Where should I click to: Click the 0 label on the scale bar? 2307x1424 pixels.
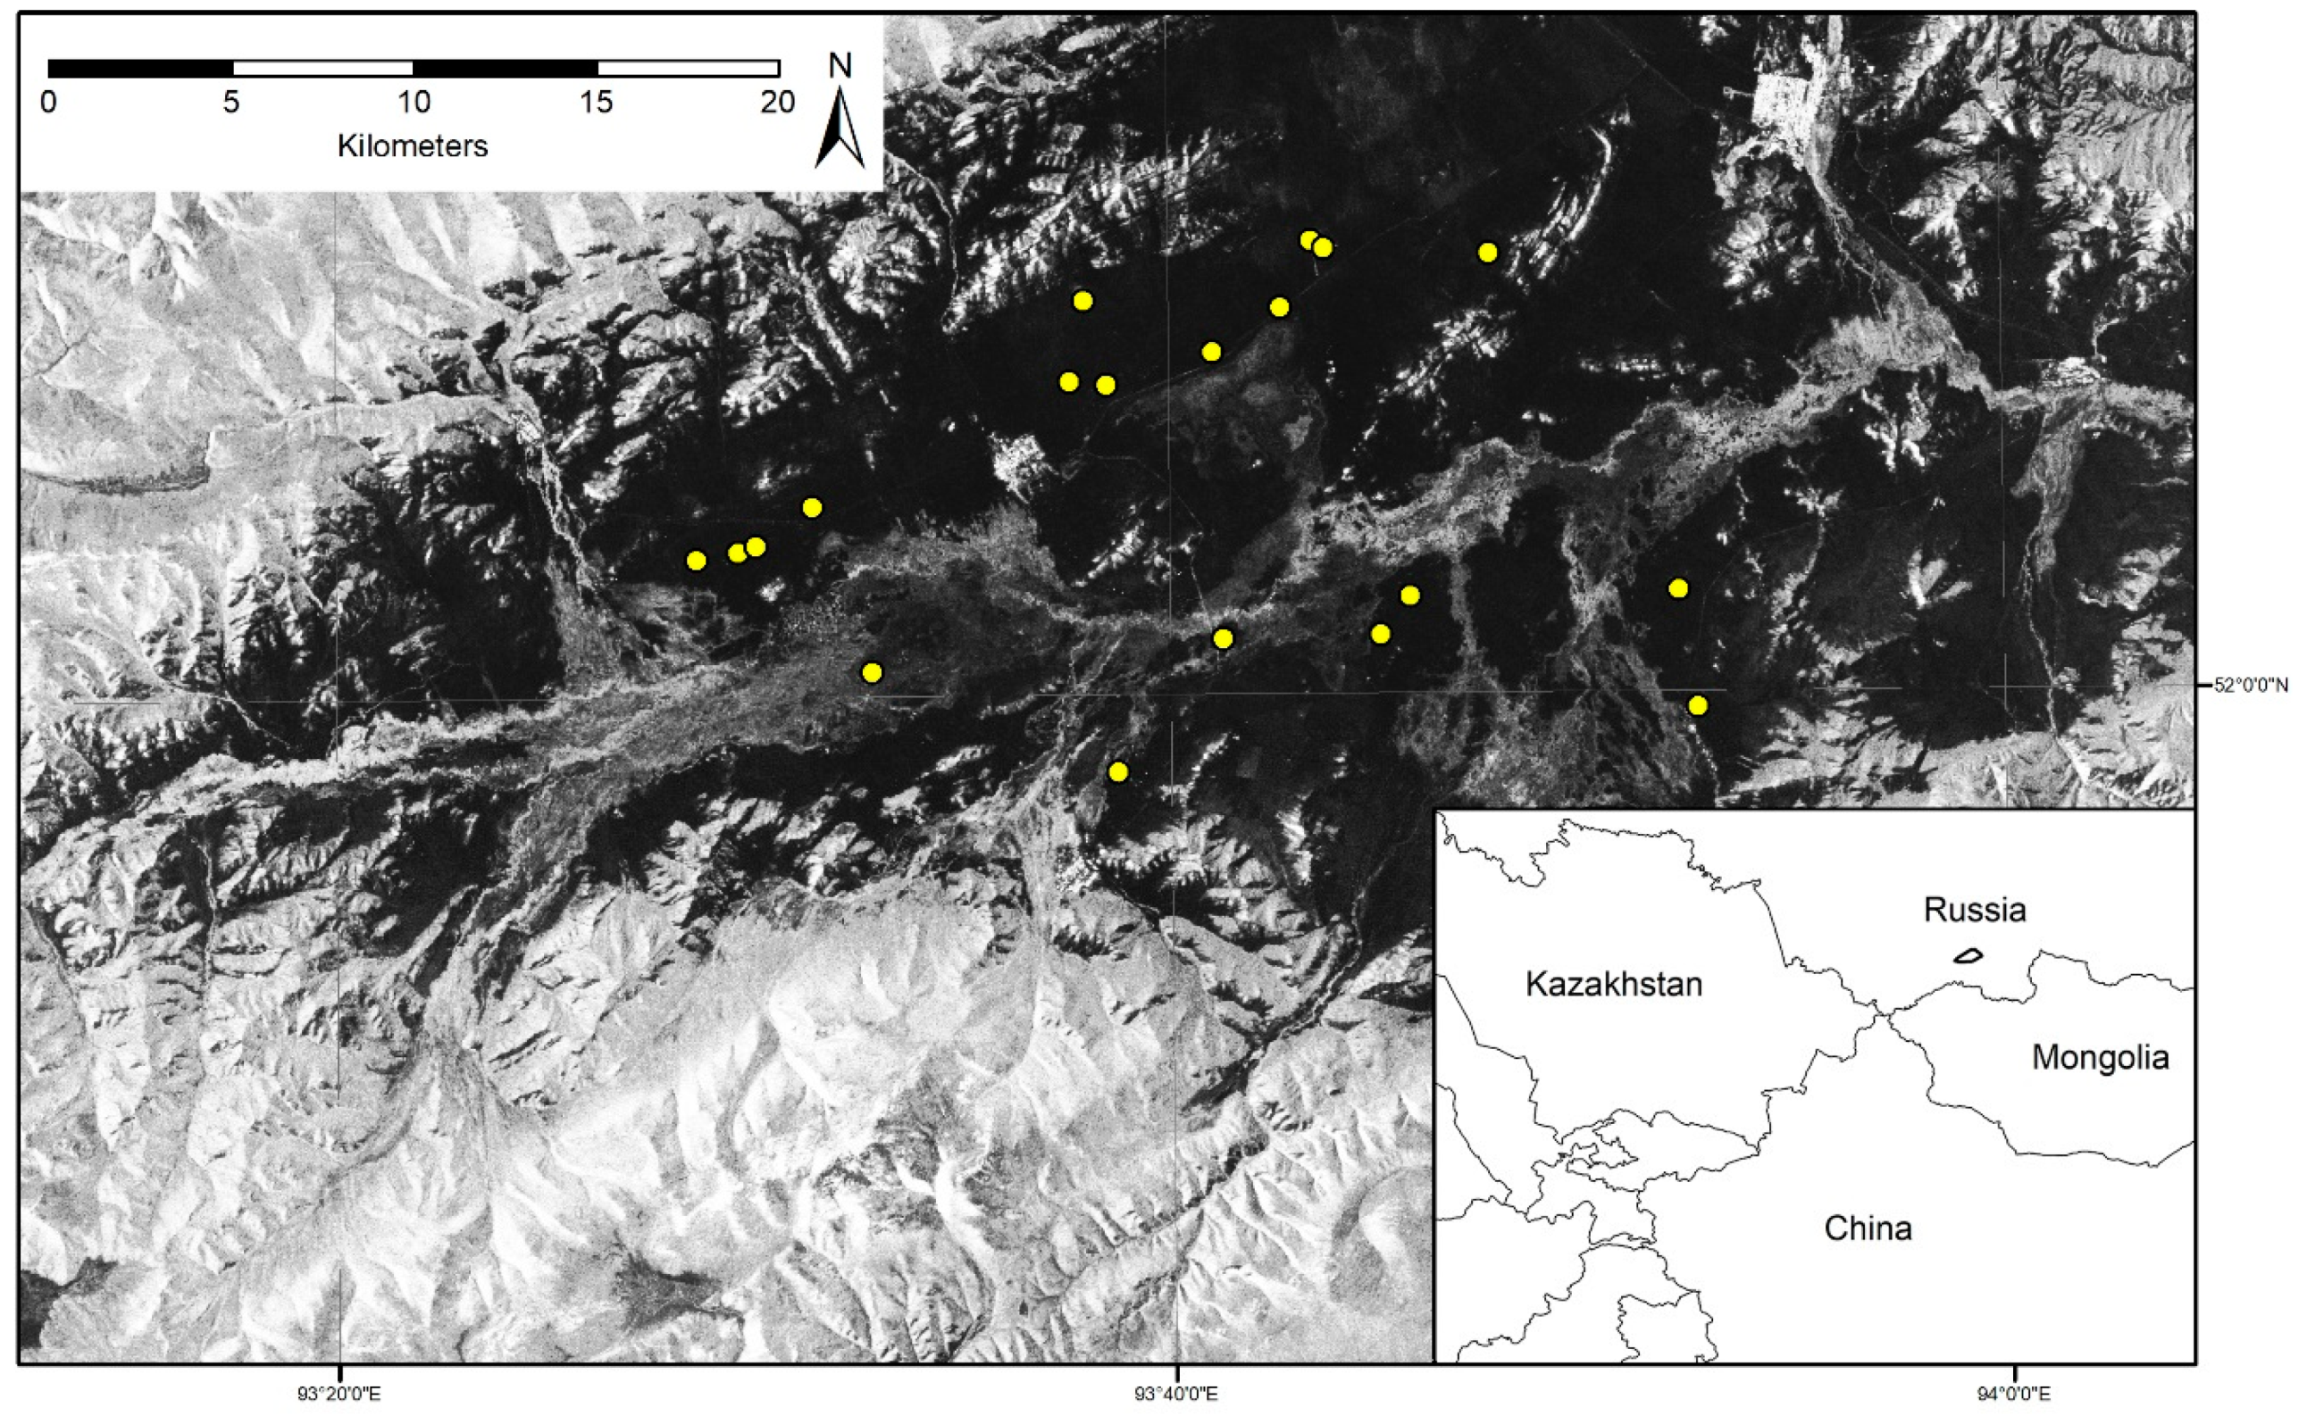[x=49, y=102]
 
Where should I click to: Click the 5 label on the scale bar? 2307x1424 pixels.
[x=231, y=102]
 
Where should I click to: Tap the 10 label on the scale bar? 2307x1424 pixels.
[x=414, y=102]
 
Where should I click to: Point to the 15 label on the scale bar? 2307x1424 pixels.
[x=597, y=102]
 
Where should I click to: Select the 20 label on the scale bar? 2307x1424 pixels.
[x=778, y=102]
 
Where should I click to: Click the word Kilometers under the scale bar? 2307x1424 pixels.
[x=413, y=146]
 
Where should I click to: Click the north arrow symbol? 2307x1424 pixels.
[x=840, y=132]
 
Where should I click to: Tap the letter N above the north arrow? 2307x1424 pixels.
[x=840, y=66]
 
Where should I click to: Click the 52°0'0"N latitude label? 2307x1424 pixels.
[x=2251, y=686]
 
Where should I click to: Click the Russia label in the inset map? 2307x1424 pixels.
[x=1975, y=910]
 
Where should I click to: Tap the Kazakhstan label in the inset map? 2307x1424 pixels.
[x=1614, y=984]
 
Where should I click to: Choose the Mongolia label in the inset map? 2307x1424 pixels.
[x=2100, y=1058]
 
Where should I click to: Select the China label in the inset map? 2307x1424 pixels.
[x=1868, y=1229]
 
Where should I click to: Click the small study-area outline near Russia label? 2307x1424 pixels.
[x=1968, y=956]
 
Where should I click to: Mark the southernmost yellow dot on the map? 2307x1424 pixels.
[x=1118, y=772]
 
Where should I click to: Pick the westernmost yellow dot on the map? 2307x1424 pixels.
[x=696, y=562]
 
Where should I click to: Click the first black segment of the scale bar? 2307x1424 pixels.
[x=140, y=68]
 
